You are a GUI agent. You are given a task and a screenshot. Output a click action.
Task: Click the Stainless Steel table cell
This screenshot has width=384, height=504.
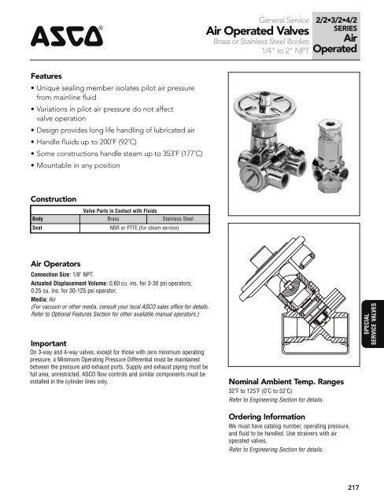[179, 218]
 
